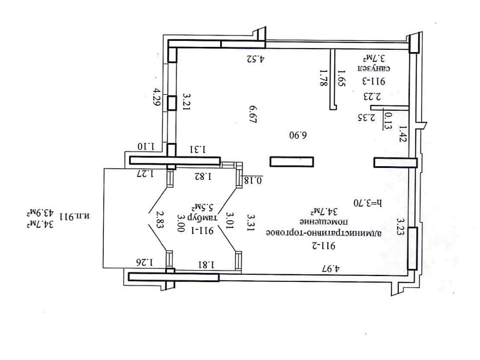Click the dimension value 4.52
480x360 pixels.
(x=256, y=58)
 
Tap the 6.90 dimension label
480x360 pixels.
(x=298, y=135)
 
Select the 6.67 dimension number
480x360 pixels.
(x=253, y=115)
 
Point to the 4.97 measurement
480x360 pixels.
(x=331, y=269)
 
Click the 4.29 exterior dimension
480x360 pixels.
(x=157, y=97)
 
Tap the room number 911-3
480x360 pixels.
(x=374, y=82)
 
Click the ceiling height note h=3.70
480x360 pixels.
(x=368, y=203)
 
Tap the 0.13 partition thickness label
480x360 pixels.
(x=388, y=121)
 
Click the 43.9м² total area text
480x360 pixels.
(x=40, y=212)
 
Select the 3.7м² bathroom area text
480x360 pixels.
(x=374, y=58)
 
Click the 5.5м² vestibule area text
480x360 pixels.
(x=202, y=207)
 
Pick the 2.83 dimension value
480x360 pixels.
(x=160, y=220)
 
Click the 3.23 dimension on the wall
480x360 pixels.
(x=400, y=226)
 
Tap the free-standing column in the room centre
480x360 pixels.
(x=292, y=161)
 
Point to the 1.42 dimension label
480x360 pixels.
(x=402, y=133)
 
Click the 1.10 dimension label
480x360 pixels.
(x=146, y=146)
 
